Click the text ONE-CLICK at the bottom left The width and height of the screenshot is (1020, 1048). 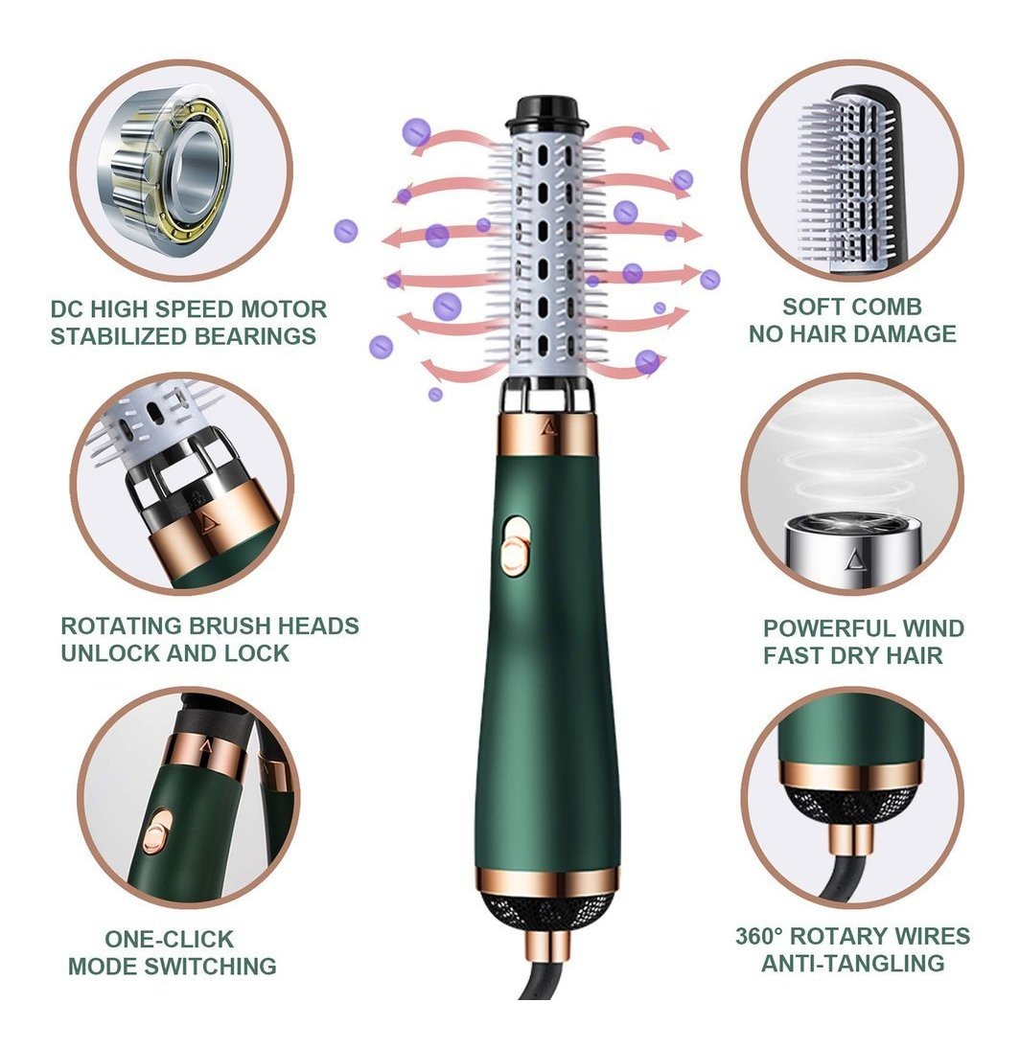coord(170,939)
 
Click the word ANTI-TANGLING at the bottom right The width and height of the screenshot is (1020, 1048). coord(853,963)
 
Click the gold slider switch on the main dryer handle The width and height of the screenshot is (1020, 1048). coord(514,545)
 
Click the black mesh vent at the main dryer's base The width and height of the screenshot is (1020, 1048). coord(547,912)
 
